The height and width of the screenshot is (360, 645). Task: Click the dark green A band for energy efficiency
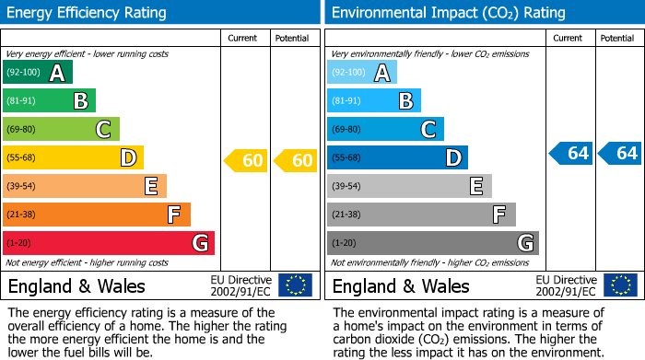click(x=37, y=73)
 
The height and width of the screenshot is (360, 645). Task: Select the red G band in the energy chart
click(x=108, y=243)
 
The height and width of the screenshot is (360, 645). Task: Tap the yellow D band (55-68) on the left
click(x=73, y=157)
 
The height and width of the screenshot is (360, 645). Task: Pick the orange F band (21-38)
click(x=96, y=215)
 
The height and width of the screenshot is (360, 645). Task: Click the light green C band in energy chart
click(x=61, y=129)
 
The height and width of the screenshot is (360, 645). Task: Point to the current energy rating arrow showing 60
click(x=246, y=161)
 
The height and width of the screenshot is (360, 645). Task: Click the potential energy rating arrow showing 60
click(x=296, y=161)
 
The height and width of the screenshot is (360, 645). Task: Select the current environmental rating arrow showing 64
click(x=571, y=153)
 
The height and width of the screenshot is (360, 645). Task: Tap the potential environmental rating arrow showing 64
click(x=619, y=153)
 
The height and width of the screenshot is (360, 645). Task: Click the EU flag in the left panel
click(x=295, y=285)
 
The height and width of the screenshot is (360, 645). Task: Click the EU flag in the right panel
click(x=619, y=285)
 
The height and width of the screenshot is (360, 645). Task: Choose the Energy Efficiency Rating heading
click(x=88, y=13)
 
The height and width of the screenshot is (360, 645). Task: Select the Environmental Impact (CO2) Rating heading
click(x=448, y=13)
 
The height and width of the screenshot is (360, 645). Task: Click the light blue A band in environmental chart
click(x=361, y=73)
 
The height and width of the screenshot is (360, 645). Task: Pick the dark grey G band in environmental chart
click(x=432, y=243)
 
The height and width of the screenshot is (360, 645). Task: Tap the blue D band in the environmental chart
click(x=397, y=157)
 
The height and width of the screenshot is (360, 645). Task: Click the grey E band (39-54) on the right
click(x=409, y=186)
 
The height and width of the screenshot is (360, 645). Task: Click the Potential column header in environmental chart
click(x=617, y=38)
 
